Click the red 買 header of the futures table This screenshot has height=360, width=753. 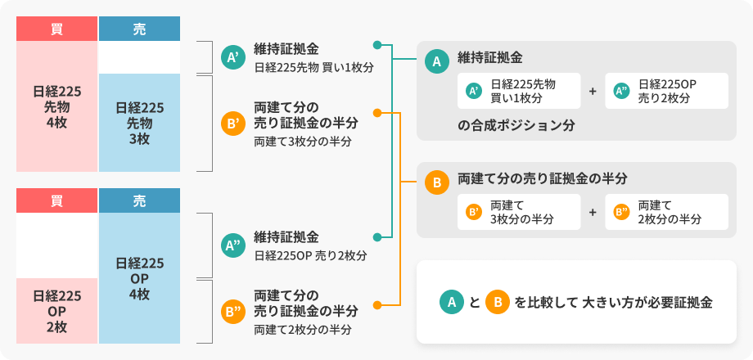pos(56,29)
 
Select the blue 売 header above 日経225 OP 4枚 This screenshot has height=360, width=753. pos(139,200)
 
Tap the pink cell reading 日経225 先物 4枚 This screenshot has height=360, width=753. pos(56,106)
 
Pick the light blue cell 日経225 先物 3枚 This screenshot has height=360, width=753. pos(139,123)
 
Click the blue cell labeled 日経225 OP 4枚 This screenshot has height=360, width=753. pos(139,278)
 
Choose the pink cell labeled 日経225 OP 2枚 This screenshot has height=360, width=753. pos(56,310)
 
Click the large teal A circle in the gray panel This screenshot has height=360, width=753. pos(436,61)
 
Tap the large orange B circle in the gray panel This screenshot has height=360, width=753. pos(436,182)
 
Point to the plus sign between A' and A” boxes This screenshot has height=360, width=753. pos(593,92)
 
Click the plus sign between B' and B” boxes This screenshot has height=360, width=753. pos(593,212)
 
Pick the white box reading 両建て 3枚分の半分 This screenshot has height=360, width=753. pos(519,212)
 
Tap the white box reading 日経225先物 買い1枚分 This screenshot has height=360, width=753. pos(519,92)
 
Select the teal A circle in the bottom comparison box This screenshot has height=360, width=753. pos(449,302)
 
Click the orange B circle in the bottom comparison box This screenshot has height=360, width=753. pos(496,302)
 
